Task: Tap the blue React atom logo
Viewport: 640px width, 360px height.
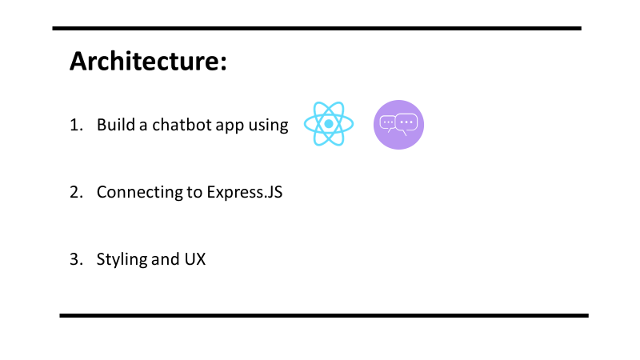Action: click(328, 125)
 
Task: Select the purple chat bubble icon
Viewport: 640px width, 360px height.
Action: click(398, 125)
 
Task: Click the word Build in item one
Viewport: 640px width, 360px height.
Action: click(113, 125)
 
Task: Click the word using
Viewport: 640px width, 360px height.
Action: click(268, 126)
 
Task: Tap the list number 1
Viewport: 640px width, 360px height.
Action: click(75, 125)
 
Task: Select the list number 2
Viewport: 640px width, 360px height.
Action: click(75, 192)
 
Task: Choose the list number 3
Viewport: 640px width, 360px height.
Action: click(75, 259)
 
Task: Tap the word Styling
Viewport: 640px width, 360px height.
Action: click(121, 260)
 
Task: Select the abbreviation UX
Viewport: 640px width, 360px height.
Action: click(194, 259)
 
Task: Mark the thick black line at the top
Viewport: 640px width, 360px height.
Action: click(316, 28)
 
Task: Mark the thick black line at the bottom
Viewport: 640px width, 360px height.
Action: click(323, 315)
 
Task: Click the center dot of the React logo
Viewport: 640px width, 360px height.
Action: click(328, 125)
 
